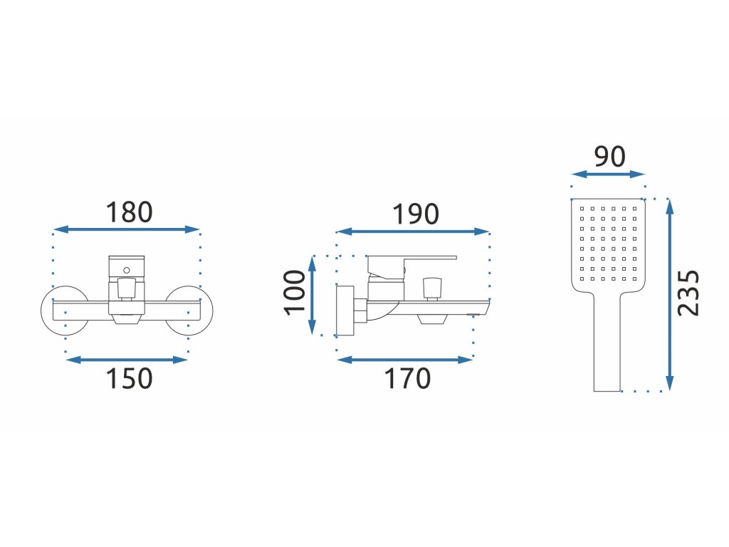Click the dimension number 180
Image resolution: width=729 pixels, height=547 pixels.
point(129,212)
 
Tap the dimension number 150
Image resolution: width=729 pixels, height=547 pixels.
point(129,378)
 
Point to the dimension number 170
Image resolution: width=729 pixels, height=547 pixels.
point(407,378)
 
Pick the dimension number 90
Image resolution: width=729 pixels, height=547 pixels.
point(609,156)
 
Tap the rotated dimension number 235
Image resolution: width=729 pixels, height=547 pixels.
point(688,293)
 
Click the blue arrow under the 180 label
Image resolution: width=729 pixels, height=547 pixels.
point(127,229)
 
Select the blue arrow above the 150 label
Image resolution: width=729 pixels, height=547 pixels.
point(127,360)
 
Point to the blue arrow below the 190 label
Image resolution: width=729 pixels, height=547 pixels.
point(413,231)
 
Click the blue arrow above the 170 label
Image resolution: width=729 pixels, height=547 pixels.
point(404,360)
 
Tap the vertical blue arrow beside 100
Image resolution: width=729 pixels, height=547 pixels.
point(312,296)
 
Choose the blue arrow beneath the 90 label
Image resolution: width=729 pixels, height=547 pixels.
point(608,174)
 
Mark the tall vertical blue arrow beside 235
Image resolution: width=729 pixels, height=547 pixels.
point(668,295)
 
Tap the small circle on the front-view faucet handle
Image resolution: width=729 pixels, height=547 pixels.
point(126,269)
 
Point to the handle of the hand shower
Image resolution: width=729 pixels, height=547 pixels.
point(607,349)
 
